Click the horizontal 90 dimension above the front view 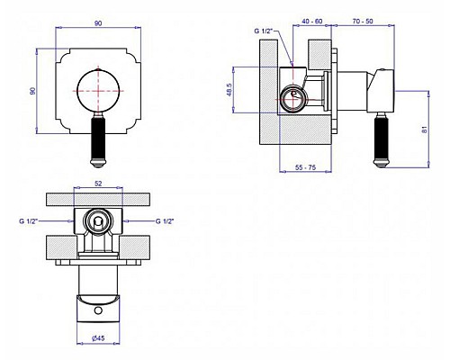(x=98, y=23)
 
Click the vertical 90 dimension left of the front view (x=33, y=91)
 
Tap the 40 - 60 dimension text (x=312, y=22)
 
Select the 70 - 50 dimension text (x=363, y=22)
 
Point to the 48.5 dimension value (x=229, y=90)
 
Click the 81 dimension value (x=424, y=130)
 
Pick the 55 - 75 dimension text (x=305, y=167)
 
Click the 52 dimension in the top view (x=98, y=184)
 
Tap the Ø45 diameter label (x=98, y=338)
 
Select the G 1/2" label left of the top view (x=29, y=221)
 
